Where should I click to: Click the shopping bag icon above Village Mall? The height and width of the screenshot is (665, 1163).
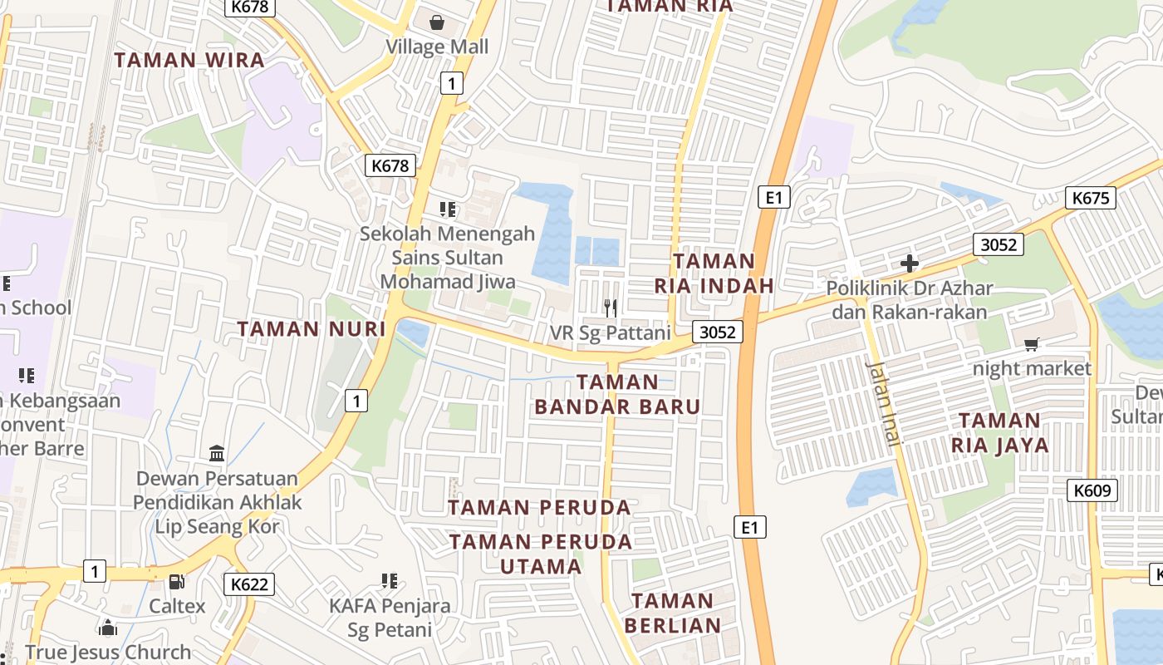pos(437,22)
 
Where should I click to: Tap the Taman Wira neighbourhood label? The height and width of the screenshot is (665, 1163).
pos(189,60)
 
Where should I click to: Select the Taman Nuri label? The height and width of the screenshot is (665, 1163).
pos(312,329)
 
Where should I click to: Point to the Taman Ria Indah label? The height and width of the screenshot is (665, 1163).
pos(714,273)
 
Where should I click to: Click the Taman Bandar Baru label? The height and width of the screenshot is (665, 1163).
pos(617,394)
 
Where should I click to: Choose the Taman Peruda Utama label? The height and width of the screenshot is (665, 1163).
pos(541,554)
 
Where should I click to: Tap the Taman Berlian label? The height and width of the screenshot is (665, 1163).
pos(672,613)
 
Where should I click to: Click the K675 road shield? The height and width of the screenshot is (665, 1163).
pos(1091,198)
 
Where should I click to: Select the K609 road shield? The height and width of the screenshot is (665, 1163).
pos(1092,490)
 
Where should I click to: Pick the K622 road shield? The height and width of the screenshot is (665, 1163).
pos(249,584)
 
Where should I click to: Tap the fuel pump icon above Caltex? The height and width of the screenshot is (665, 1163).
pos(177,582)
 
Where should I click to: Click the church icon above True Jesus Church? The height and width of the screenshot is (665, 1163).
pos(108,628)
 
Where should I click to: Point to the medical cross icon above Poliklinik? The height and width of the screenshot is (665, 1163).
pos(910,264)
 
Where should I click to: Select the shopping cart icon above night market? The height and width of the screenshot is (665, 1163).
pos(1032,344)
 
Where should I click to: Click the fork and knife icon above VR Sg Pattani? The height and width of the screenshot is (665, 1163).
pos(611,308)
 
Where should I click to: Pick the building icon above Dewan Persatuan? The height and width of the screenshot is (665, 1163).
pos(217,454)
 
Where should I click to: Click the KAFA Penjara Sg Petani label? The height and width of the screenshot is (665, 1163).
pos(390,617)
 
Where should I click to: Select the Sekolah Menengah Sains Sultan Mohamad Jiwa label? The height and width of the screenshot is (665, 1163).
pos(447,258)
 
